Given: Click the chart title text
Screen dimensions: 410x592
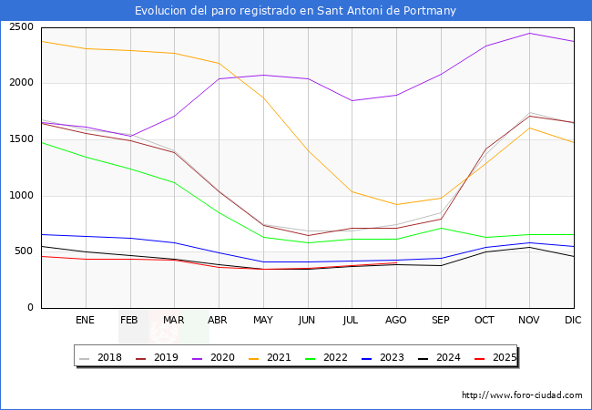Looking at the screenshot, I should [295, 11].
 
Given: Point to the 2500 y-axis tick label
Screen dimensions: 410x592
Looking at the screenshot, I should [22, 26].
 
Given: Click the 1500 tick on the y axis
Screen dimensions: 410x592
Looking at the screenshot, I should [22, 139].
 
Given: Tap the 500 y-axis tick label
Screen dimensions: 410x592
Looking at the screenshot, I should [26, 251].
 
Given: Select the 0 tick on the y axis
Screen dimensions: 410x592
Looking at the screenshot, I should [32, 308].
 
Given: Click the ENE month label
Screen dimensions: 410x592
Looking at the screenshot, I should [85, 321].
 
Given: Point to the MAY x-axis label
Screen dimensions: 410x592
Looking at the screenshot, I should [263, 321].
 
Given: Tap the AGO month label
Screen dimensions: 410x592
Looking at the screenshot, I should [396, 321].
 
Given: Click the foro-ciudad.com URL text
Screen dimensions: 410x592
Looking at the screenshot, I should [522, 395].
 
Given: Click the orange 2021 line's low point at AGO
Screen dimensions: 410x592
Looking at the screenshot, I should [396, 204].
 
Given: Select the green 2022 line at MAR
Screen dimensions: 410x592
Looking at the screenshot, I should [174, 182].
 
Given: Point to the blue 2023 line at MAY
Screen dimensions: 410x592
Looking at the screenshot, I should [263, 262].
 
